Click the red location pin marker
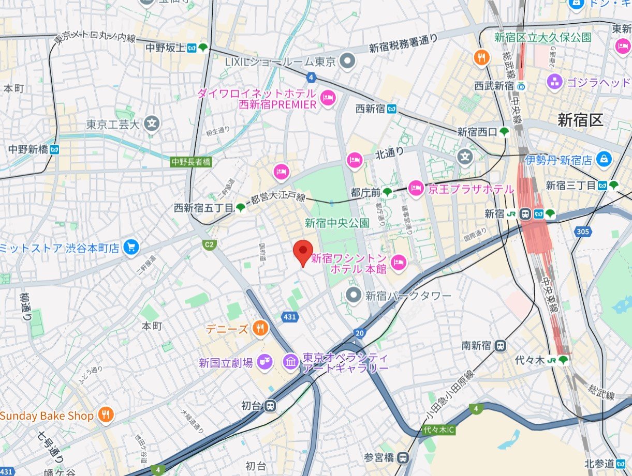(302, 252)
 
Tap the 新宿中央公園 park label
(337, 223)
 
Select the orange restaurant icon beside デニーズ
(260, 328)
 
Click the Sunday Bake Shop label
(47, 416)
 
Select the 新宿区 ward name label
(580, 120)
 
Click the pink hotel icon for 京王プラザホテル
(416, 189)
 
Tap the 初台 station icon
(270, 406)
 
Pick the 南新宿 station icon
(500, 346)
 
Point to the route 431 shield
(289, 316)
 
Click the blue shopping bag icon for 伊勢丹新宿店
(604, 160)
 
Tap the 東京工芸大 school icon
(152, 124)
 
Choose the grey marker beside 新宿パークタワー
(354, 296)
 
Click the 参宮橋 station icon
(403, 457)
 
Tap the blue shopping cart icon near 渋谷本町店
(132, 248)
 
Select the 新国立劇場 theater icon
(265, 362)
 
